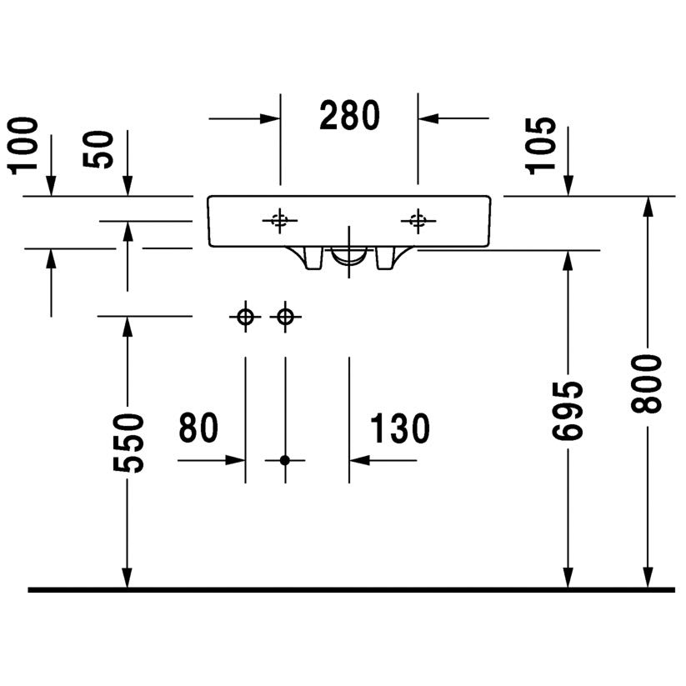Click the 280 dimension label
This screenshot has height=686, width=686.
click(350, 116)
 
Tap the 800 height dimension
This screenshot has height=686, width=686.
click(647, 383)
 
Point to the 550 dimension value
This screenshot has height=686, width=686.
click(129, 443)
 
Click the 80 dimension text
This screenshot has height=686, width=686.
click(198, 428)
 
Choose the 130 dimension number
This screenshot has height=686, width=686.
click(400, 428)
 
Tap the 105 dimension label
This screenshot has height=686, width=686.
click(542, 144)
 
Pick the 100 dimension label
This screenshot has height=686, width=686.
click(25, 144)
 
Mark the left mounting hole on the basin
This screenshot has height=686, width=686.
click(280, 220)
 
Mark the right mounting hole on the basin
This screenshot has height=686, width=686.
click(418, 220)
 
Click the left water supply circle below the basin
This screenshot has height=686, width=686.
click(245, 317)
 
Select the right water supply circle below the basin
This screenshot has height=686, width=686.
click(285, 317)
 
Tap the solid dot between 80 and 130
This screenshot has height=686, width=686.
click(285, 459)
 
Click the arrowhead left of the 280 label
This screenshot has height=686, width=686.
click(271, 118)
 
